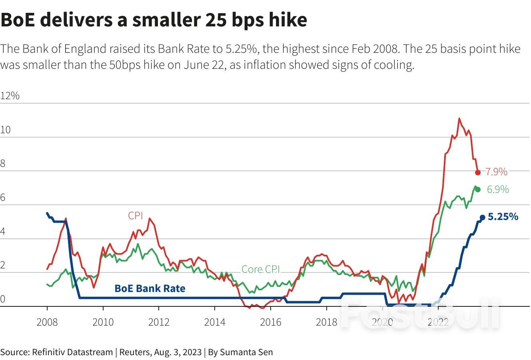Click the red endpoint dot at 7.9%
(x=477, y=172)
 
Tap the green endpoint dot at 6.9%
(x=477, y=189)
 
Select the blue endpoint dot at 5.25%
(x=482, y=217)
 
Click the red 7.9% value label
(x=496, y=172)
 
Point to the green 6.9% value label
(x=498, y=190)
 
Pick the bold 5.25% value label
(x=503, y=217)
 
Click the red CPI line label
(x=136, y=216)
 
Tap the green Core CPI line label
(x=261, y=269)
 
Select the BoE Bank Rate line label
(x=150, y=288)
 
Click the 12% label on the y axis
(x=10, y=96)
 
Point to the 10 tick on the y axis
(x=5, y=130)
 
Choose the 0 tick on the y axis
(x=3, y=299)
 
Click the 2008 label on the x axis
(x=47, y=322)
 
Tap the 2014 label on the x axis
(x=215, y=322)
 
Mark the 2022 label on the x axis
(x=438, y=322)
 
